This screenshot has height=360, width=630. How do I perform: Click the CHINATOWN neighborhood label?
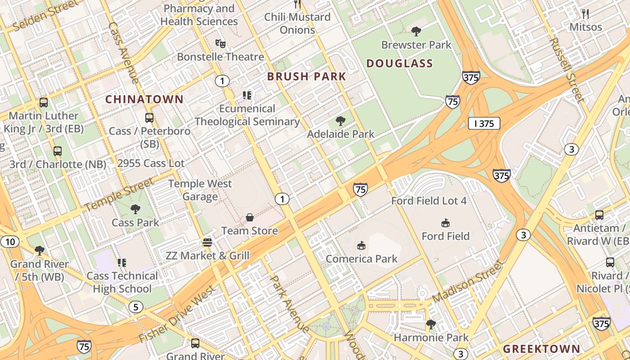[144, 99]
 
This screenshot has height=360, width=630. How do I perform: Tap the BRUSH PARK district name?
[306, 76]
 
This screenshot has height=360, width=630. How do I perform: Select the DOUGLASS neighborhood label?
[400, 63]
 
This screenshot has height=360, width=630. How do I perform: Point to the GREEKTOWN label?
[541, 349]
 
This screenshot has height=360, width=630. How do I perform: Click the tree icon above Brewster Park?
[416, 31]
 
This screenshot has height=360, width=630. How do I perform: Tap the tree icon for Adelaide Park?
[341, 121]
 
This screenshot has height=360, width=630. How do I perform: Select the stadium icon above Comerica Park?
[361, 245]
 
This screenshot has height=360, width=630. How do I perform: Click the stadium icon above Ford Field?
[445, 223]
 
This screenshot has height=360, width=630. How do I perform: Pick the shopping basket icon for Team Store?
[250, 218]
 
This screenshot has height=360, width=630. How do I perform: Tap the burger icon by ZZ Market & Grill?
[207, 243]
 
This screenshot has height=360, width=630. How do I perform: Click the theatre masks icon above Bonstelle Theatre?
[220, 44]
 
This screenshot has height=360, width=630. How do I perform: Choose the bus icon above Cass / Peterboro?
[149, 118]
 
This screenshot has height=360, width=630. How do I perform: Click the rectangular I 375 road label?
[484, 124]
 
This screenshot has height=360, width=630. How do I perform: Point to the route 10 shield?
[10, 242]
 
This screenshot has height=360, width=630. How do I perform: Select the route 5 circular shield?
[135, 307]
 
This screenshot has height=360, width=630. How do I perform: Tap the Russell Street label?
[567, 69]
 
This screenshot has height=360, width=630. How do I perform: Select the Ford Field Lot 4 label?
[429, 201]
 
